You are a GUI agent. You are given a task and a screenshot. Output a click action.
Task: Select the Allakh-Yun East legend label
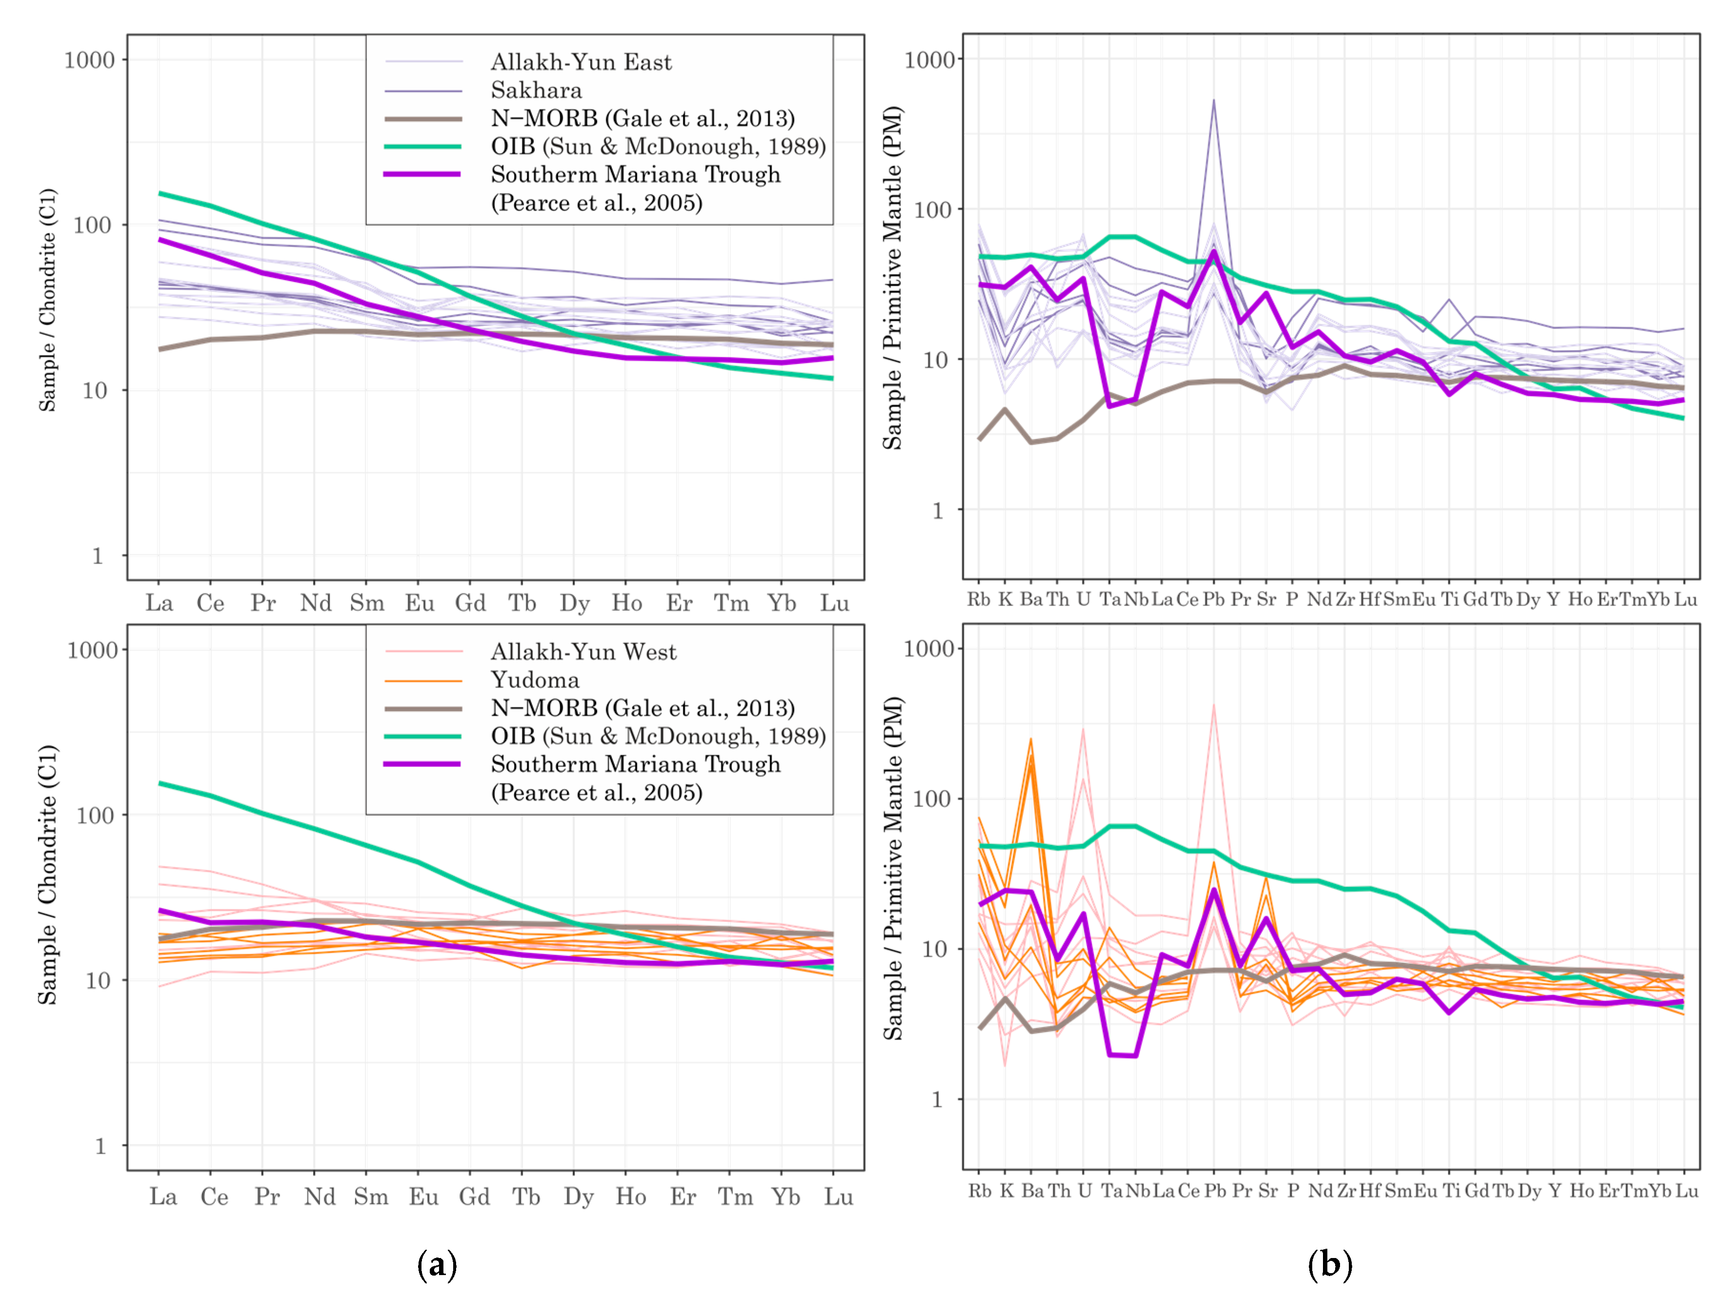click(581, 62)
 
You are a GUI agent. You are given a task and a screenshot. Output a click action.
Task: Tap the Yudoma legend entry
click(535, 680)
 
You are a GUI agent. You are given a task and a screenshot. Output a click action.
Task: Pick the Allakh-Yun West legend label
click(583, 652)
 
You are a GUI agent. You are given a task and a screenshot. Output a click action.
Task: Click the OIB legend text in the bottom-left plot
click(658, 736)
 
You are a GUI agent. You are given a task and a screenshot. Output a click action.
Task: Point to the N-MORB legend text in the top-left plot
click(642, 118)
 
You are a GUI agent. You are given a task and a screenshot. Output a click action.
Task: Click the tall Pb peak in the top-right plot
click(1213, 101)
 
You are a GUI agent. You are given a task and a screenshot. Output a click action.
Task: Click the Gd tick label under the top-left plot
click(470, 604)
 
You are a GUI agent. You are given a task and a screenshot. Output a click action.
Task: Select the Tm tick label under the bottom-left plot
click(734, 1197)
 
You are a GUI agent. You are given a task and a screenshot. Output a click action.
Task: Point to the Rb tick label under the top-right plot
click(979, 599)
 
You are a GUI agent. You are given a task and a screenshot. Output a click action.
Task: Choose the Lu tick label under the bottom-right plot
click(1686, 1191)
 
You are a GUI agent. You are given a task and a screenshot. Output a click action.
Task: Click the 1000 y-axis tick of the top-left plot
click(89, 60)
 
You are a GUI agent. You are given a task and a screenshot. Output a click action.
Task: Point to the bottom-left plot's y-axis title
click(48, 875)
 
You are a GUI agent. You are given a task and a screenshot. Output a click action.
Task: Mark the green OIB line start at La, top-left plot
click(159, 193)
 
